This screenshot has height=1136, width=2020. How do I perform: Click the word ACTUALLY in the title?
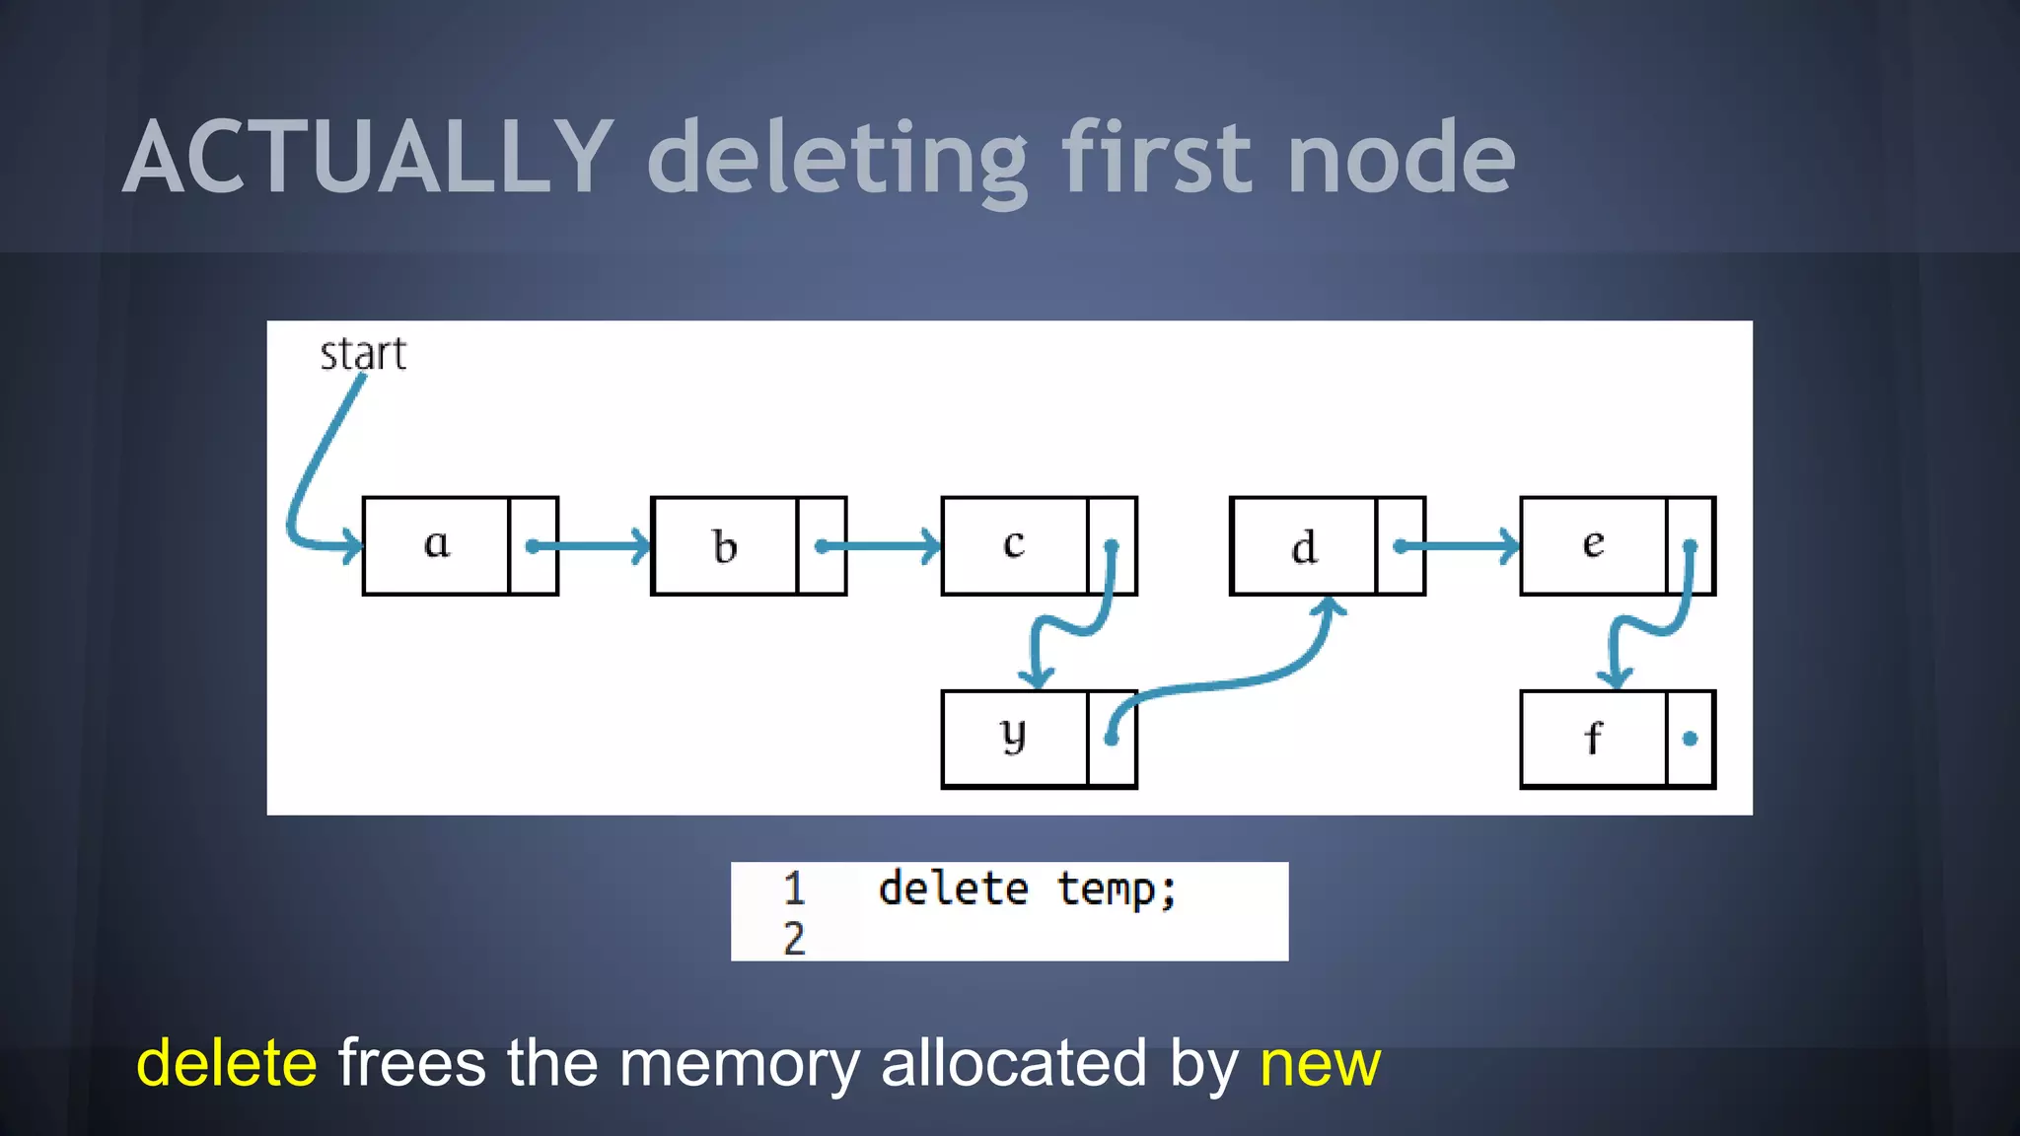(369, 158)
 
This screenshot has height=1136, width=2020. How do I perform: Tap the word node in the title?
(1401, 158)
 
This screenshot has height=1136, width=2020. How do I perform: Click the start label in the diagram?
(362, 354)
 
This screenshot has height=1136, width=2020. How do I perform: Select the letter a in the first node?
(436, 543)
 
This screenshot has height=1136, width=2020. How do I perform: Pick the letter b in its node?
(725, 546)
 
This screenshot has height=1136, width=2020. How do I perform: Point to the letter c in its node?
(1014, 543)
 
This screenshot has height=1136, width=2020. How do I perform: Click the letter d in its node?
(1304, 546)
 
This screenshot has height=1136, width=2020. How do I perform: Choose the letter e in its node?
(1593, 543)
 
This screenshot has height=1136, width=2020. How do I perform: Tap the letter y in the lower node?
(1013, 735)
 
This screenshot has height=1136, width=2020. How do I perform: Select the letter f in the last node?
(1593, 738)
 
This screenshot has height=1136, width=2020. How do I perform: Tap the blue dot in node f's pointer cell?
(1690, 739)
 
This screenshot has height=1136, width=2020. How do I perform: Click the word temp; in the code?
(1117, 889)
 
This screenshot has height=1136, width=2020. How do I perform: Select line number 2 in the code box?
(794, 939)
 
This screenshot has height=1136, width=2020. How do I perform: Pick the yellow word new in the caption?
(1320, 1063)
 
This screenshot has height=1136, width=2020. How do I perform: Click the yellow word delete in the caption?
(227, 1063)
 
